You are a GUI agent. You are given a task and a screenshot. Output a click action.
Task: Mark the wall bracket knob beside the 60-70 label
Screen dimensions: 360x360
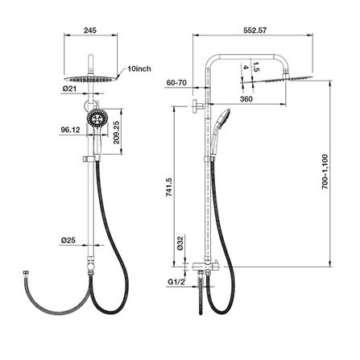coord(197,106)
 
